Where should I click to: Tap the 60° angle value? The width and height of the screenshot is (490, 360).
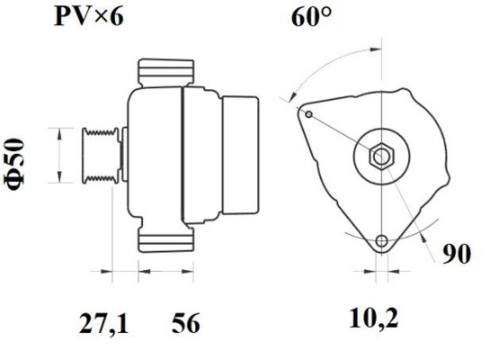point(311,16)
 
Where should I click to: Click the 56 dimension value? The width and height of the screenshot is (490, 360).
point(185,321)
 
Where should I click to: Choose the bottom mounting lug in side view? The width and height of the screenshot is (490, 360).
point(165,238)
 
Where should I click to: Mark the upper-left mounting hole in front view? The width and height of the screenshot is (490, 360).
point(308,114)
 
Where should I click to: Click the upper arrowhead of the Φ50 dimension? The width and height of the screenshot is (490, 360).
point(60,131)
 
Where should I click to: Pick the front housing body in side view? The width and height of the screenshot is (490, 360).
point(153,157)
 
